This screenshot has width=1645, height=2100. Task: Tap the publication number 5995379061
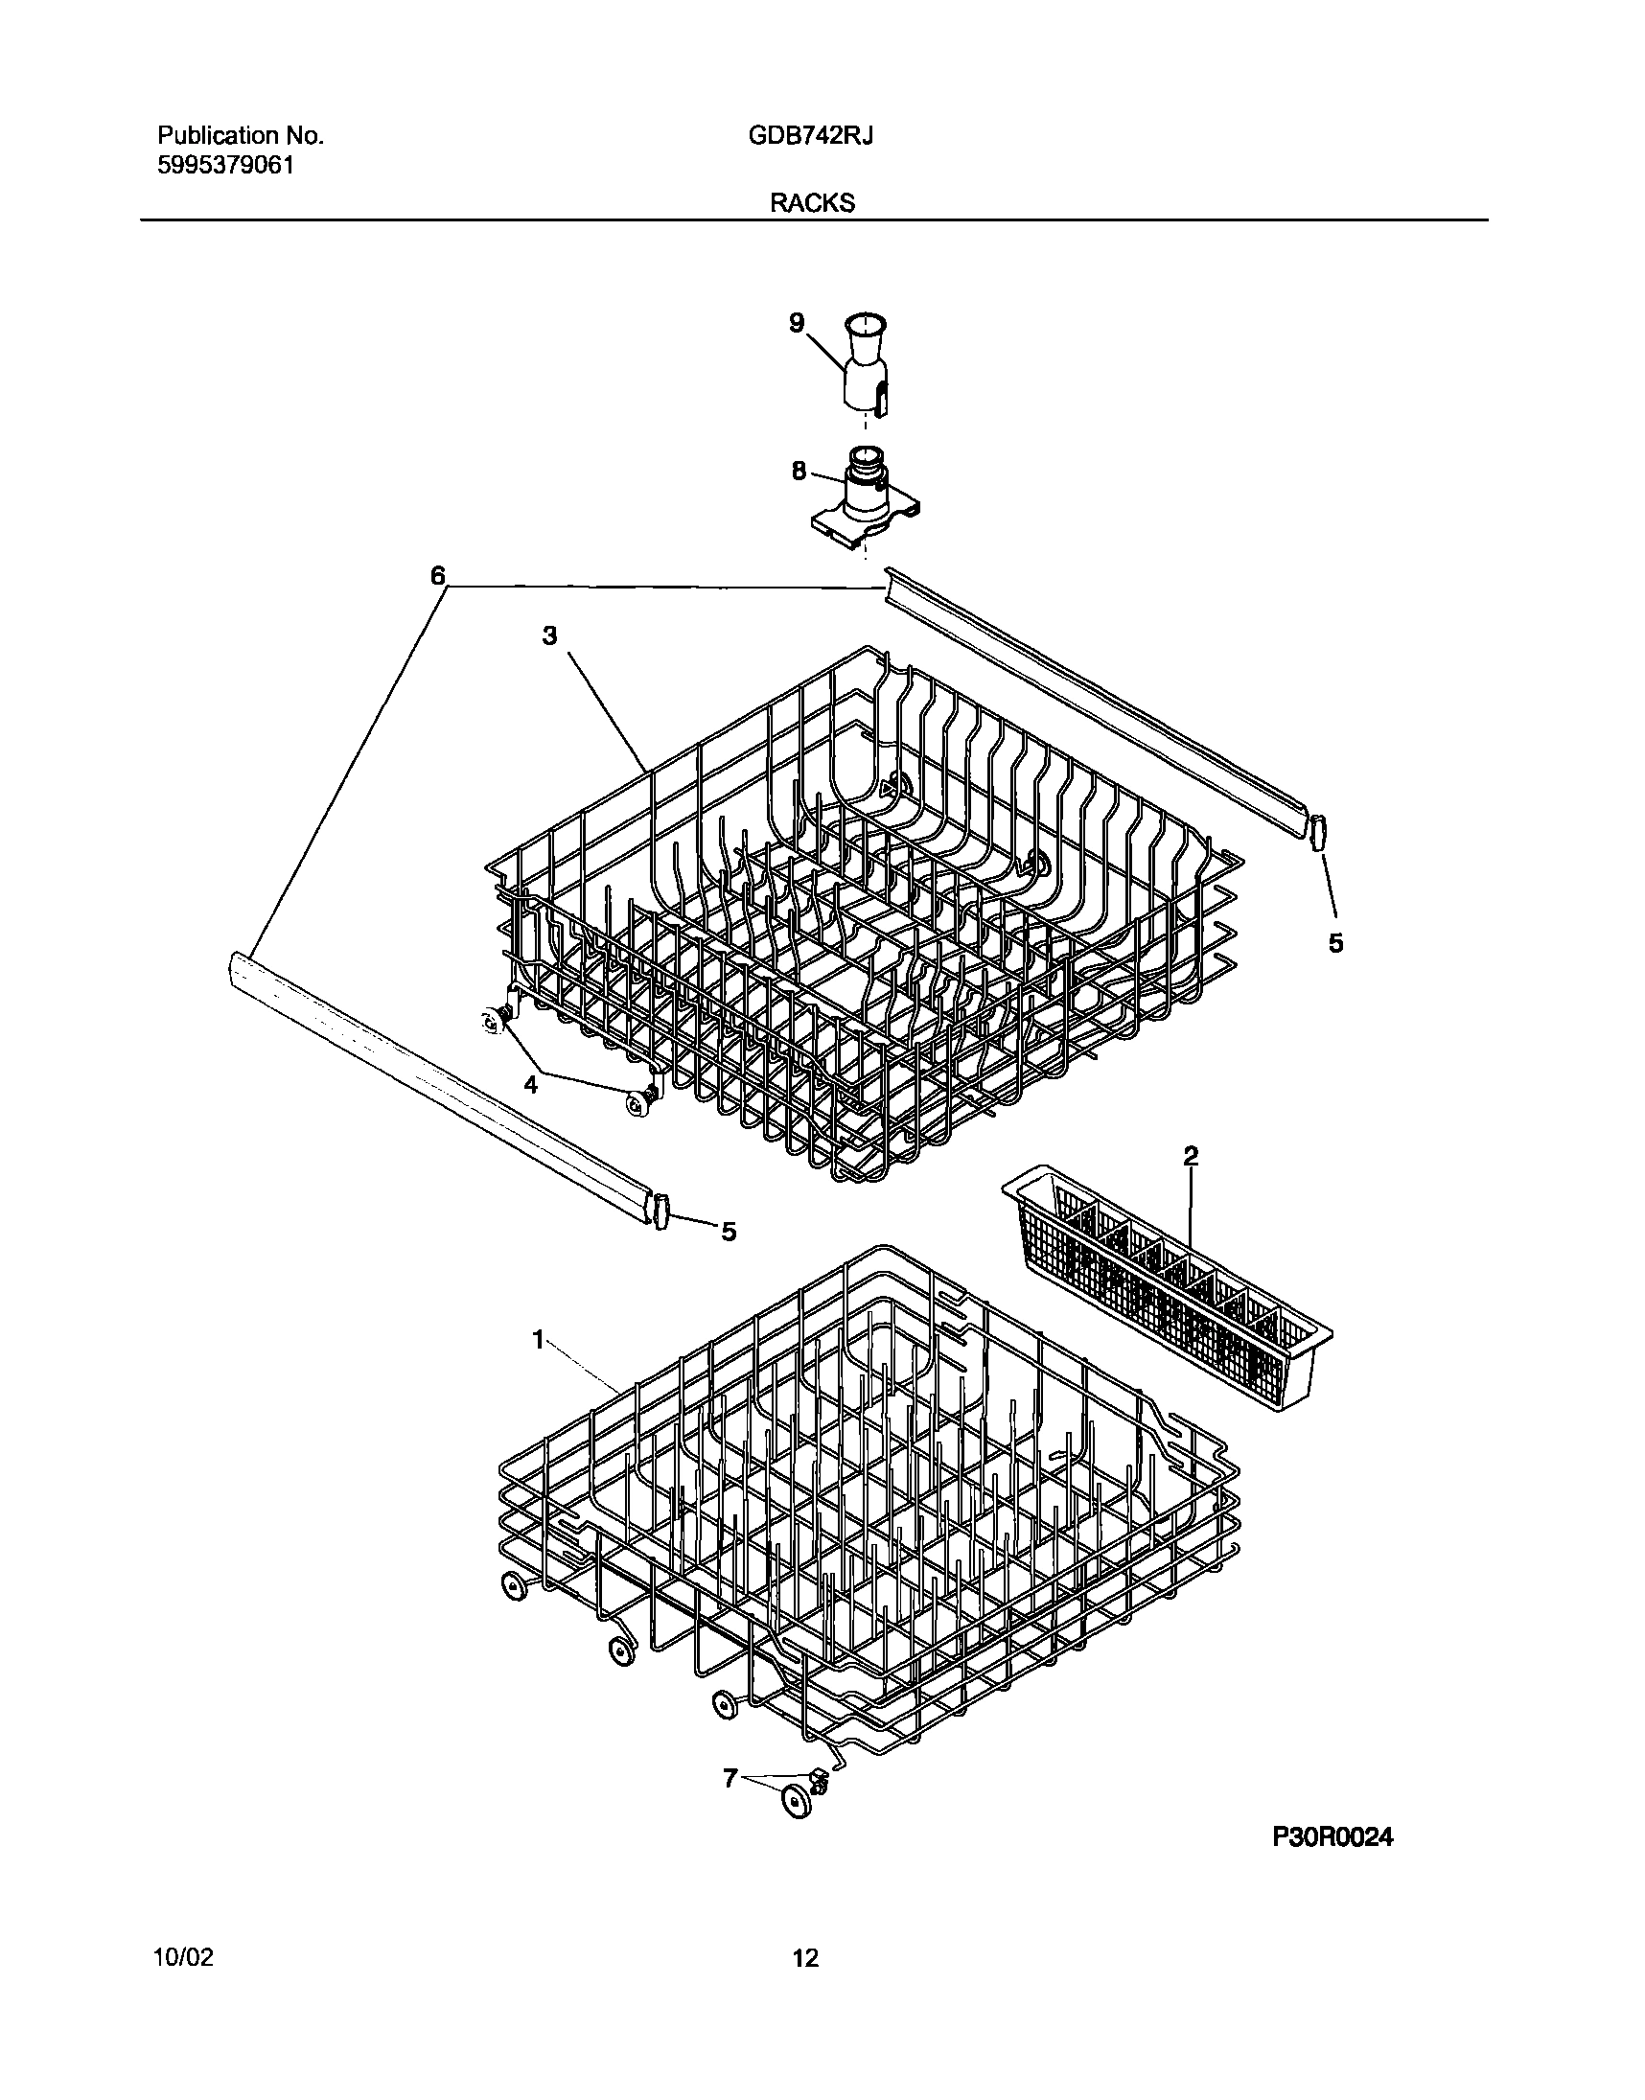[224, 165]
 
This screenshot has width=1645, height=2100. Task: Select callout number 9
[797, 323]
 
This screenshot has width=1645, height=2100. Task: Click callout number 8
[799, 472]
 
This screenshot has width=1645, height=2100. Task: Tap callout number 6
[438, 576]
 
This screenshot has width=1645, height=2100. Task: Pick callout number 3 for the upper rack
[549, 635]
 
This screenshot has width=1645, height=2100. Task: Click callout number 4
[531, 1084]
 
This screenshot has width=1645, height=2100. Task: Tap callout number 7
[730, 1777]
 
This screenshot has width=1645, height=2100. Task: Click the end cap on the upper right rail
[1315, 830]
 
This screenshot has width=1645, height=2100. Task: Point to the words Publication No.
[240, 136]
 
